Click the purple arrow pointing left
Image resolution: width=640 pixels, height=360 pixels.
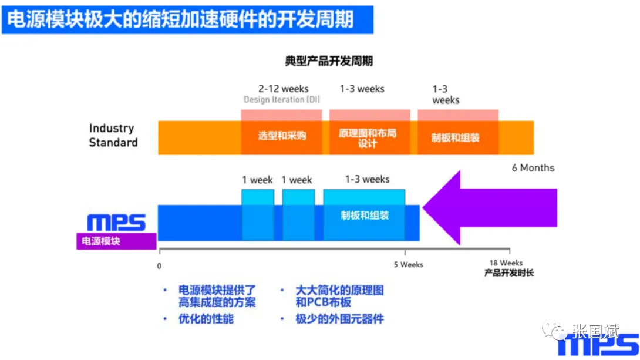490,208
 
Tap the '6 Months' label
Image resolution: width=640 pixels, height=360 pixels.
533,168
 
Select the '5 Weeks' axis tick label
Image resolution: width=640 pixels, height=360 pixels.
408,264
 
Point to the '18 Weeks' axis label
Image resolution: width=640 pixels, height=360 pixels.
506,263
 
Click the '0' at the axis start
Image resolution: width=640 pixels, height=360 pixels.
159,266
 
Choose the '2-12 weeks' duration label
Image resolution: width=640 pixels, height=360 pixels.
283,89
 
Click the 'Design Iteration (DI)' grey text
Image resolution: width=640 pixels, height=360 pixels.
282,100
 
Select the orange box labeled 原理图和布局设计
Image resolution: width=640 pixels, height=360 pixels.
369,137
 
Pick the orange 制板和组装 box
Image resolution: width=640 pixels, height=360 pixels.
457,137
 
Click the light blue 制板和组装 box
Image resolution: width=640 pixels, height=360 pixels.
364,215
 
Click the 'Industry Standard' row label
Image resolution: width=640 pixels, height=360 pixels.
113,135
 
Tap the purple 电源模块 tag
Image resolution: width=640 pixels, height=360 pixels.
116,241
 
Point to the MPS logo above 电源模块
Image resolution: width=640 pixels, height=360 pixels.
116,223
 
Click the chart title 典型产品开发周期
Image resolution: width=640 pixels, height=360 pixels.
329,61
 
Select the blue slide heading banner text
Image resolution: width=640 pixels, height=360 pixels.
180,19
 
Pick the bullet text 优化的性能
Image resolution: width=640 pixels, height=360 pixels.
206,319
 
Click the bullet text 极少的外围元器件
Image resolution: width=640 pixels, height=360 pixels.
339,319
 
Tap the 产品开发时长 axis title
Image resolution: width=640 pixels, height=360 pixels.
509,272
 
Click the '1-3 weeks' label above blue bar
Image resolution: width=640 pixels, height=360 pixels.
367,179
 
